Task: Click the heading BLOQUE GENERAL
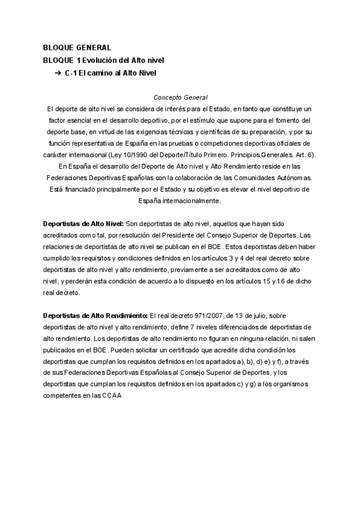click(x=77, y=47)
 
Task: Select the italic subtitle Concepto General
click(x=181, y=97)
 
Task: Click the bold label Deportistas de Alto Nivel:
click(x=83, y=224)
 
